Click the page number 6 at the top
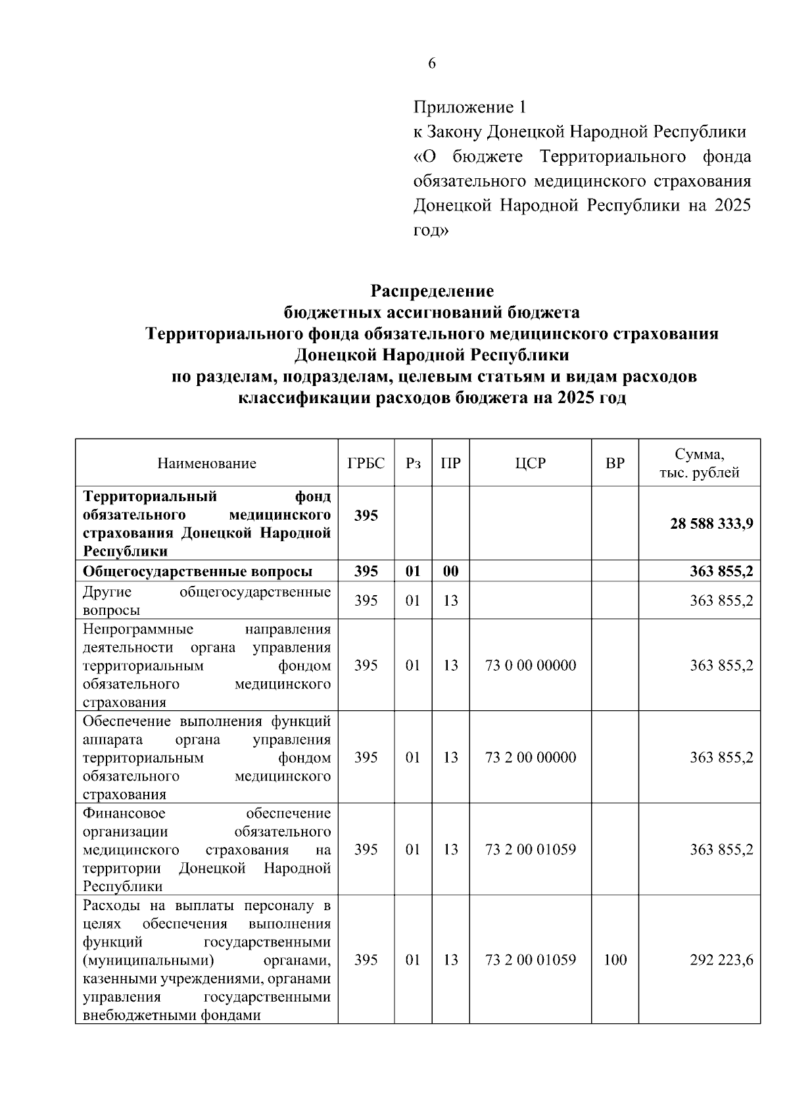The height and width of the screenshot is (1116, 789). click(431, 64)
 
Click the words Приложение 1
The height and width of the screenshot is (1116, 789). click(469, 107)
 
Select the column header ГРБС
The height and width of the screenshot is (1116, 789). click(366, 463)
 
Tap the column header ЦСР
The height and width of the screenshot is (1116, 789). click(530, 463)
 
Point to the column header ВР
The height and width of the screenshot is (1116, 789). click(615, 463)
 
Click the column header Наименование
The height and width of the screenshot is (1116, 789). click(206, 463)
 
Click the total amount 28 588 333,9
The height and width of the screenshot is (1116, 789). click(711, 524)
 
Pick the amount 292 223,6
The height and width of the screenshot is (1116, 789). click(721, 959)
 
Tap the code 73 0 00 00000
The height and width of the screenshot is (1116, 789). click(530, 666)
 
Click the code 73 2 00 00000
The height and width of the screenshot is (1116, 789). click(530, 758)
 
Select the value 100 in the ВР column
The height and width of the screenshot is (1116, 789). click(615, 959)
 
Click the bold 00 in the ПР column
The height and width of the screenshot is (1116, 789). click(450, 571)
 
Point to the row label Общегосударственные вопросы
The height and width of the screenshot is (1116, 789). click(197, 571)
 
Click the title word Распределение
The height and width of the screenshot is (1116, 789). click(431, 290)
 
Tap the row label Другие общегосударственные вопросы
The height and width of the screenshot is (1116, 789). click(206, 600)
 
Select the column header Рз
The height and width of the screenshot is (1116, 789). click(413, 463)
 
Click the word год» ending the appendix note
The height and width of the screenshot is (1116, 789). click(431, 231)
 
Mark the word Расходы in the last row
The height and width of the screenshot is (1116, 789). click(107, 905)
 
